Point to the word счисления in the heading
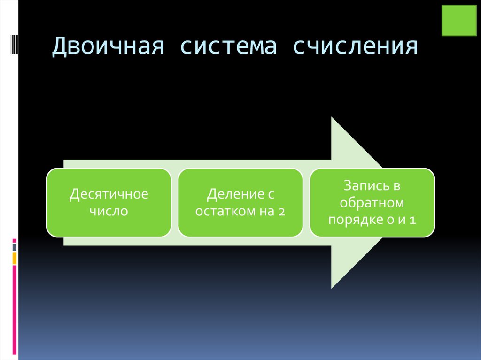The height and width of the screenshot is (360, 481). pyautogui.click(x=354, y=47)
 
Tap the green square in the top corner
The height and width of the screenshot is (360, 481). pyautogui.click(x=459, y=21)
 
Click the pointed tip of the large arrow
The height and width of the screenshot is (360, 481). pyautogui.click(x=384, y=202)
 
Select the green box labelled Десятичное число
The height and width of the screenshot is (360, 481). pyautogui.click(x=109, y=202)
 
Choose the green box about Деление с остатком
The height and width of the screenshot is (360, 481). pyautogui.click(x=240, y=202)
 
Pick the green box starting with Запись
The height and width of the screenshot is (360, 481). pyautogui.click(x=372, y=202)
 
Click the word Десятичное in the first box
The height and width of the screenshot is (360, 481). pyautogui.click(x=109, y=194)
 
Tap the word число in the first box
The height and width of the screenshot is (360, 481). pyautogui.click(x=109, y=211)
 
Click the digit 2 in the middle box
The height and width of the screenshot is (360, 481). pyautogui.click(x=281, y=211)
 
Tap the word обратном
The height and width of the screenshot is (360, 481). pyautogui.click(x=372, y=202)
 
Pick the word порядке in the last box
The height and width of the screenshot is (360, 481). pyautogui.click(x=349, y=219)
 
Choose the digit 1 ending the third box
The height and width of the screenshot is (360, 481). pyautogui.click(x=412, y=220)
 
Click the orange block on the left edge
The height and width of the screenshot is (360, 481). pyautogui.click(x=15, y=258)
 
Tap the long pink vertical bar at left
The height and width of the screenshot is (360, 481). pyautogui.click(x=15, y=310)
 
